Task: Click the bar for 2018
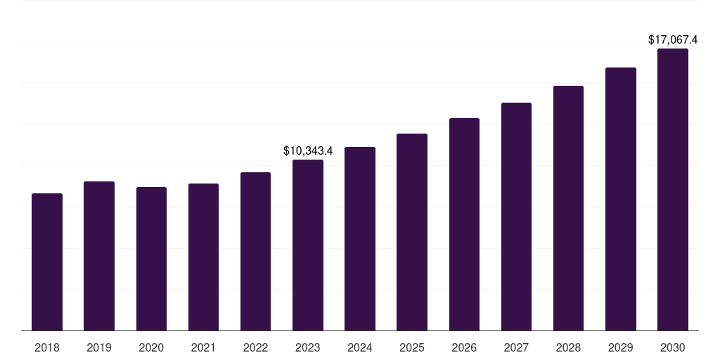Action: coord(47,262)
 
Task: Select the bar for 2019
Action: coord(99,256)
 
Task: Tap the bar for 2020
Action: coord(151,259)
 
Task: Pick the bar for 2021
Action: coord(203,257)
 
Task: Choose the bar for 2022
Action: coord(255,252)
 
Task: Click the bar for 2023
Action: coord(308,245)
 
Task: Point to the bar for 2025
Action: coord(412,232)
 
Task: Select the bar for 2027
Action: coord(516,217)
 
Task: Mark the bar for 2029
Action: coord(621,199)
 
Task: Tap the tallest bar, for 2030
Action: coord(673,190)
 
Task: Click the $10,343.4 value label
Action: coord(308,150)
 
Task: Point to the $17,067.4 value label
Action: coord(673,40)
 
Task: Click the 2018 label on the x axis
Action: coord(47,347)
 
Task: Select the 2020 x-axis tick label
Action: coord(151,347)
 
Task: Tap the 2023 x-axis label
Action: coord(308,347)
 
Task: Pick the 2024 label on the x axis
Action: coord(360,347)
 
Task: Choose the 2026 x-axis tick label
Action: coord(464,347)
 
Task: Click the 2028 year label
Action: coord(568,347)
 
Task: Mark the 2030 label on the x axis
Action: coord(673,347)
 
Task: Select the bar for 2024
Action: coord(360,239)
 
